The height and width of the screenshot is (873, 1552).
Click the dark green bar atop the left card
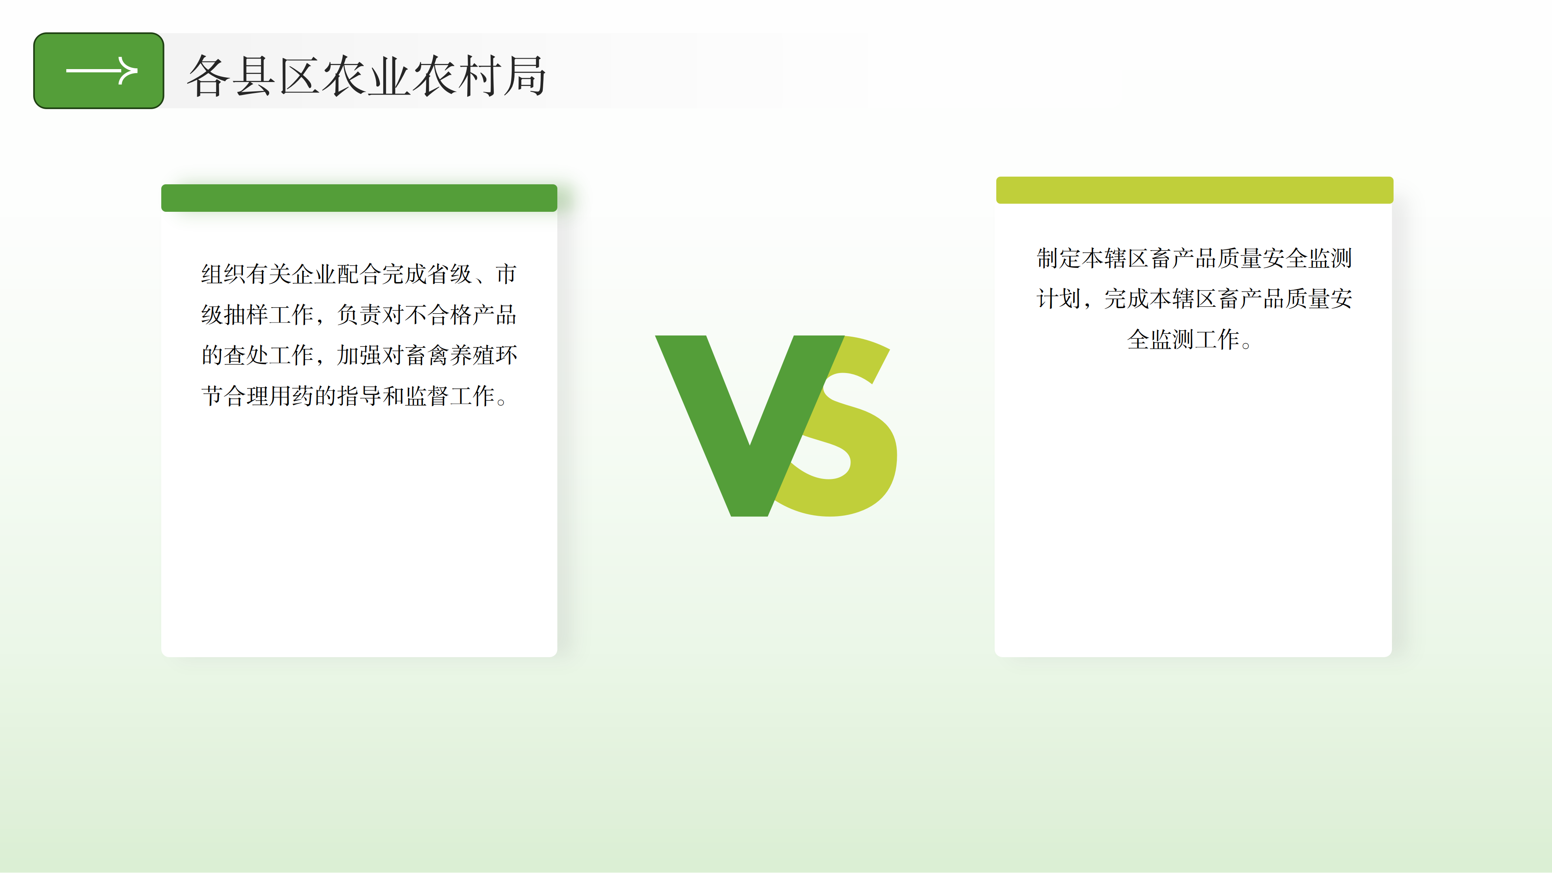(x=359, y=198)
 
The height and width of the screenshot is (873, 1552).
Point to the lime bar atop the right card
(x=1194, y=190)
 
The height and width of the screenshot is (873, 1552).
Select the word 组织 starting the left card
(x=224, y=274)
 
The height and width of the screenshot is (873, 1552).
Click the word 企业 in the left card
(x=314, y=274)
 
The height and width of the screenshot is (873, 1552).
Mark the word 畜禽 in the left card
(x=427, y=355)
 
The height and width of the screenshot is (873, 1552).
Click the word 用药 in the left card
(x=291, y=396)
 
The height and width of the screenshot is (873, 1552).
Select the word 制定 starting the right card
(x=1059, y=258)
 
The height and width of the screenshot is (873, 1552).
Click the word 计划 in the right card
(x=1059, y=299)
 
